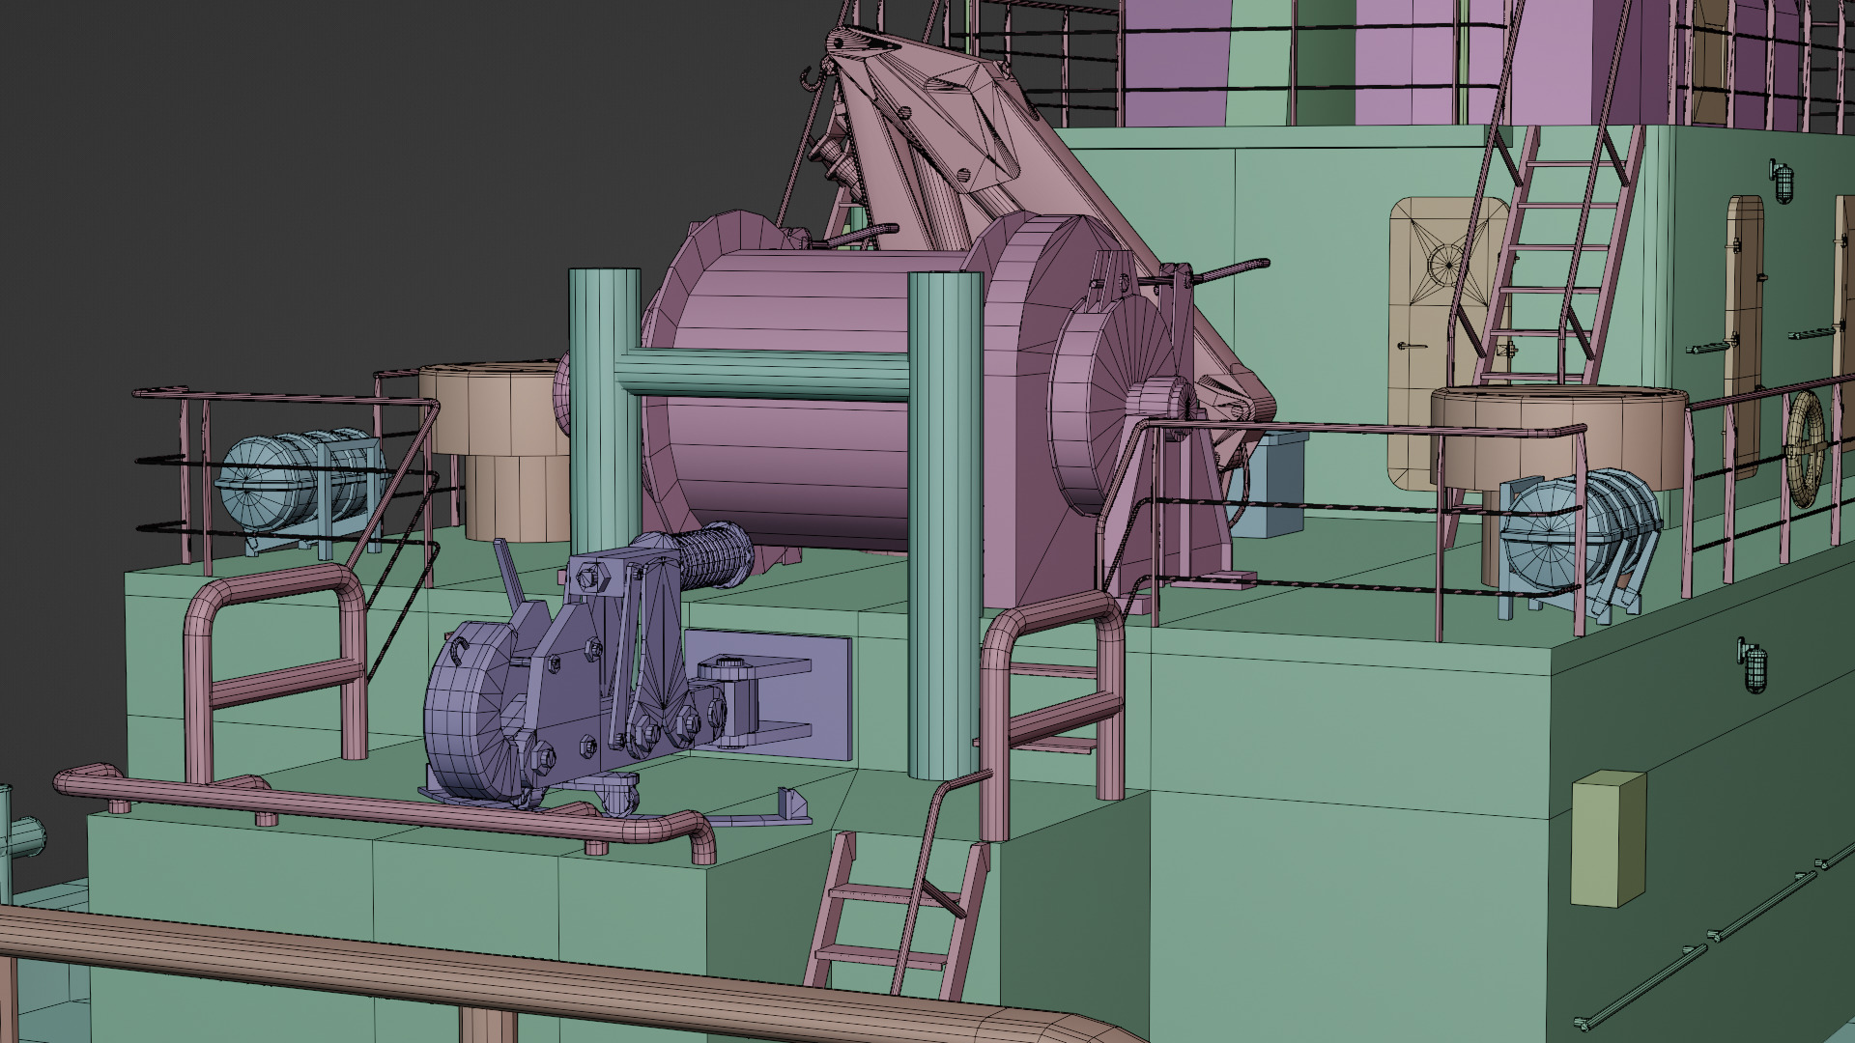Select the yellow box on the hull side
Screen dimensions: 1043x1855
coord(1608,838)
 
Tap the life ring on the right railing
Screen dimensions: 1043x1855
coord(1806,449)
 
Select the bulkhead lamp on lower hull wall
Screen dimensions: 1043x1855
coord(1752,664)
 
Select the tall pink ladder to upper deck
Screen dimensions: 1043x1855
coord(1546,261)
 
